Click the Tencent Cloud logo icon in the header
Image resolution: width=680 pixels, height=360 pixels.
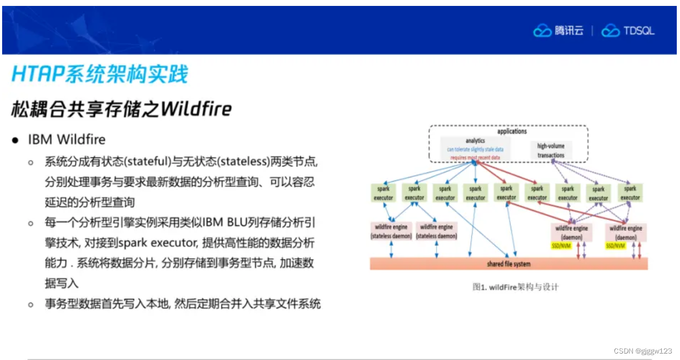pos(542,31)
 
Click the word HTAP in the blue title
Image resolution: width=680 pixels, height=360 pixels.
pos(37,74)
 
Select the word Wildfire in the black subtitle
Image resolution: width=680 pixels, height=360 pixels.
pos(197,109)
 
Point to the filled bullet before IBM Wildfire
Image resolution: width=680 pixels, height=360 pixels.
pos(16,140)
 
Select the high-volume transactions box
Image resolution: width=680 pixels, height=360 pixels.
pos(551,150)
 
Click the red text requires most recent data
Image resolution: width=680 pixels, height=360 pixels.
pos(475,157)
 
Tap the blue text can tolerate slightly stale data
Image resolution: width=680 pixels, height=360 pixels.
pos(479,149)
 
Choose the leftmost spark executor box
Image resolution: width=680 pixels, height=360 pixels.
pos(384,193)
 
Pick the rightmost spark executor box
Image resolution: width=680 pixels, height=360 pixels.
pos(630,193)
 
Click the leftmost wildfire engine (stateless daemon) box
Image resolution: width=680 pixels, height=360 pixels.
pos(390,232)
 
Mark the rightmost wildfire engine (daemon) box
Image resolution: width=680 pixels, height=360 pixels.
pos(626,232)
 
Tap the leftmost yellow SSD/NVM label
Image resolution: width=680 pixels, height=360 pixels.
pos(561,246)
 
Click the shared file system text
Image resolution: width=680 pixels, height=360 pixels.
pos(508,264)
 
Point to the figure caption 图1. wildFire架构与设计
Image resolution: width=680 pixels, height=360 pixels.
pos(515,287)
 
